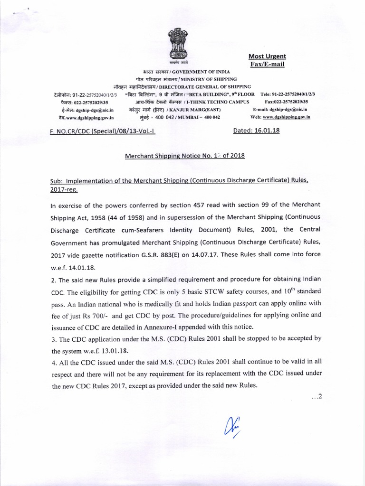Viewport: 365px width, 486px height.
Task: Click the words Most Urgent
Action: coord(268,56)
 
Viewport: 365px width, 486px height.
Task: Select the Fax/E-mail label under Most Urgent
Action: coord(267,64)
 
